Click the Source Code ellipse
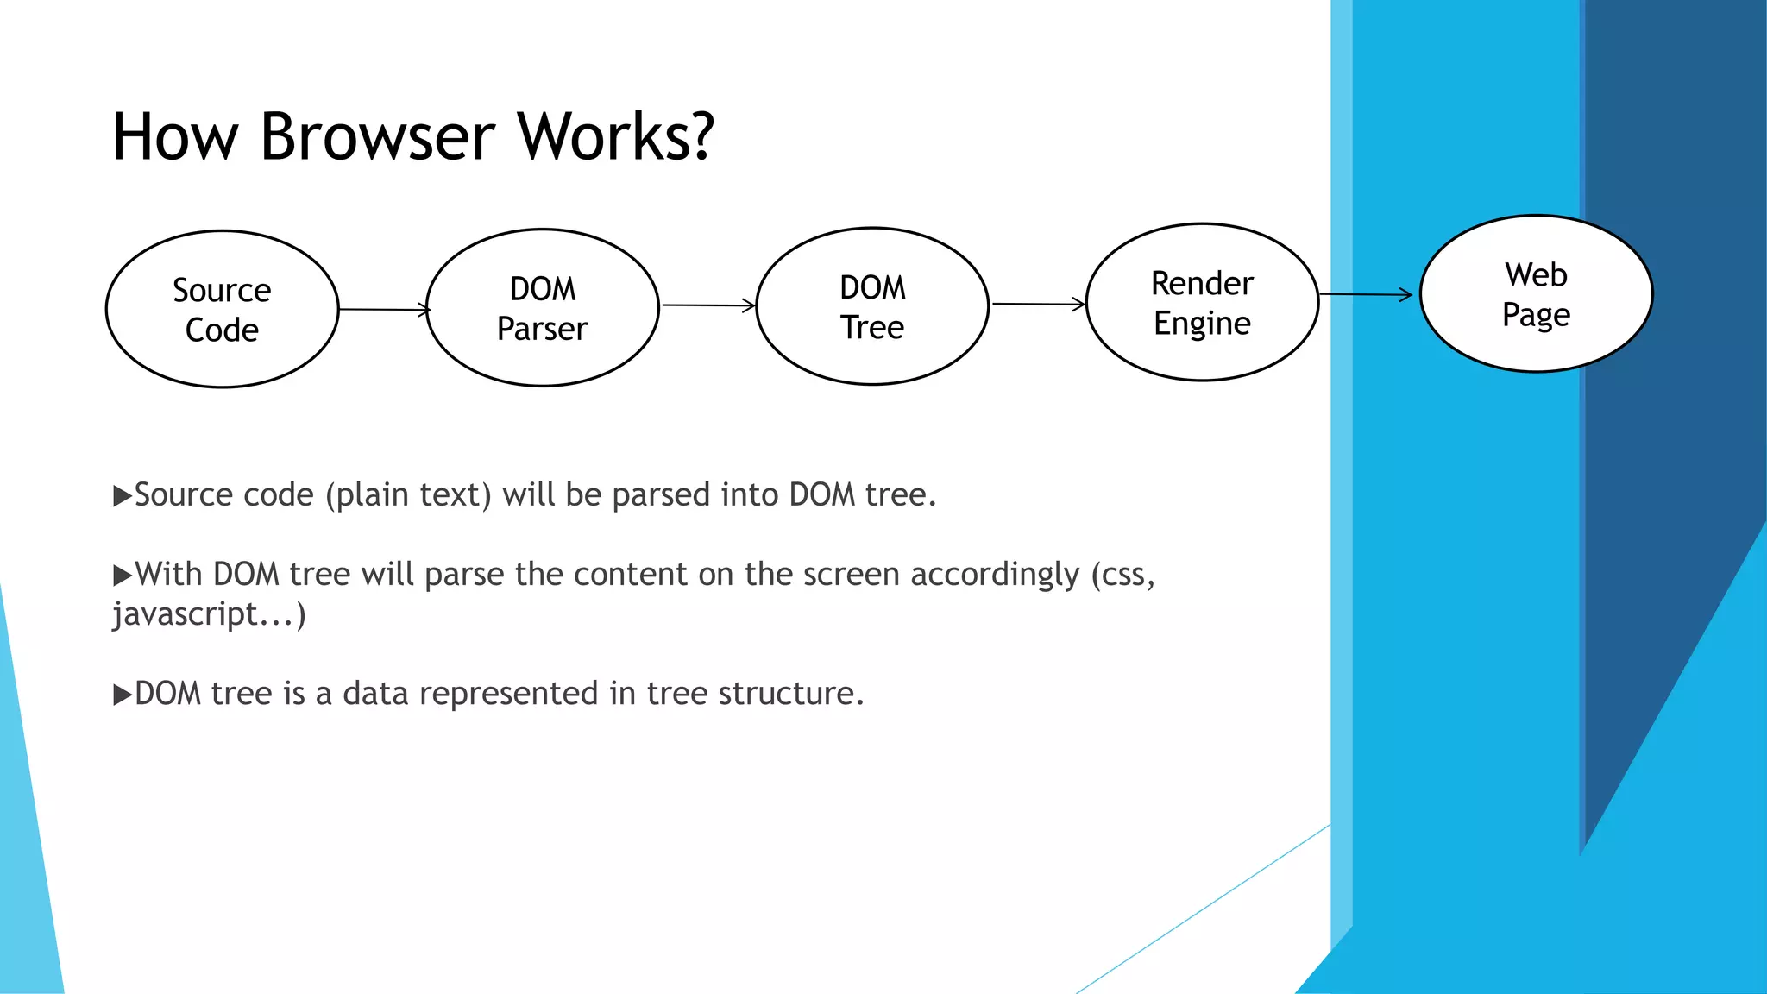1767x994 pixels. [222, 309]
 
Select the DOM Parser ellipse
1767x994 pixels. [543, 307]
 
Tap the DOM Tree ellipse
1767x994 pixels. [872, 306]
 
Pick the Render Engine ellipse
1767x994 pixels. [1202, 302]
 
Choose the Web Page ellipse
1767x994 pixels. [1536, 294]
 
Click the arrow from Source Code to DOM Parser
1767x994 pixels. [383, 309]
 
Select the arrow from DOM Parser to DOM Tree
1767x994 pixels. [707, 305]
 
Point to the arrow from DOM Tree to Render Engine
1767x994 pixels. [1037, 304]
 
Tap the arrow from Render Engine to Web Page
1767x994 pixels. [1365, 295]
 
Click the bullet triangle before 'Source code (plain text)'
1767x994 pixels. [123, 496]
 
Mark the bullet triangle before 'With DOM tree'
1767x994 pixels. [123, 576]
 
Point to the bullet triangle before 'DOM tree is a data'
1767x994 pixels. [123, 695]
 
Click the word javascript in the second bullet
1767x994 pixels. [186, 615]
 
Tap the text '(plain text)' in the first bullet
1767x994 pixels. [407, 495]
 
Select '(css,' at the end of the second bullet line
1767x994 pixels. [1122, 576]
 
